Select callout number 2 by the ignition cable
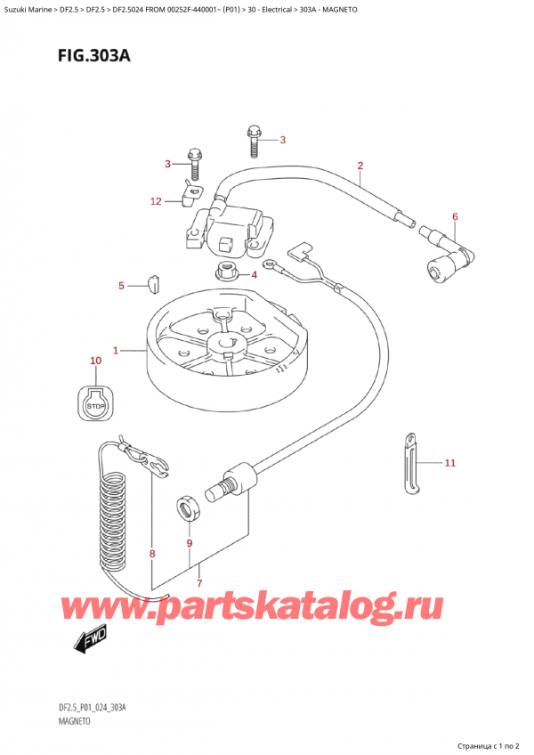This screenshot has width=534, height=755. coord(360,166)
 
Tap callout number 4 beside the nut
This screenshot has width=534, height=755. coord(253,274)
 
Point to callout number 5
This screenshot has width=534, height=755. coord(121,286)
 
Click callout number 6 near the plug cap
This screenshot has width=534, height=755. coord(454,216)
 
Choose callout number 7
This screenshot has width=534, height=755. coord(198,584)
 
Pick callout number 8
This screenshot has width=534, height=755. coord(152,555)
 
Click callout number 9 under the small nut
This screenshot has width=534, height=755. coord(189,543)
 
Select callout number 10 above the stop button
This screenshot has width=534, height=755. coord(95,361)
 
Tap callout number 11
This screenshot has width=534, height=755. coord(449,463)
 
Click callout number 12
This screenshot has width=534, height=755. coord(156,202)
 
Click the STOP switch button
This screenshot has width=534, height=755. coord(94,406)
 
